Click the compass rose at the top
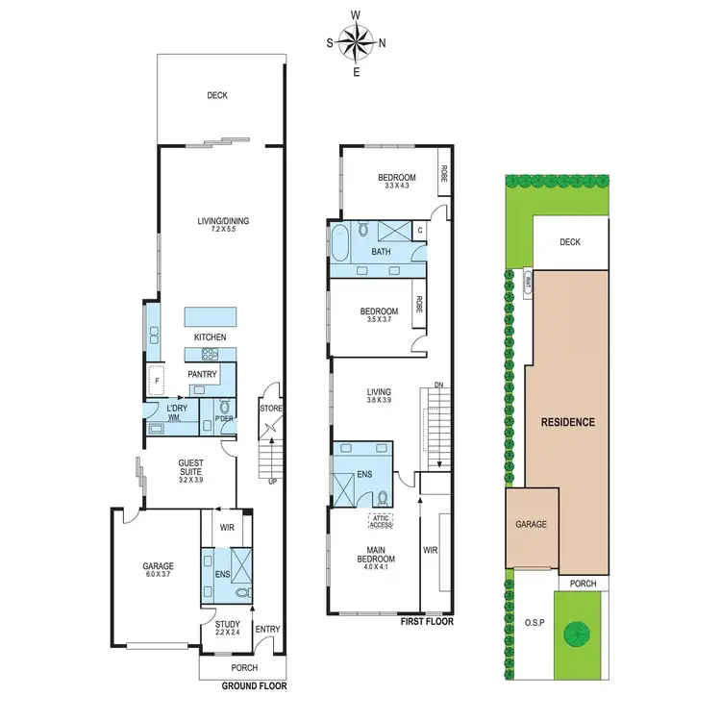point(357,43)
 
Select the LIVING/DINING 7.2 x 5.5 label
point(222,227)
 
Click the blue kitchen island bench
point(211,317)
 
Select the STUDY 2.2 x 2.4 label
point(228,628)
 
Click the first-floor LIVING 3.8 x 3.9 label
point(380,396)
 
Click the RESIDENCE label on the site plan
point(568,422)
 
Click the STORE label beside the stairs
point(270,408)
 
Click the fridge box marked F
point(155,379)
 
